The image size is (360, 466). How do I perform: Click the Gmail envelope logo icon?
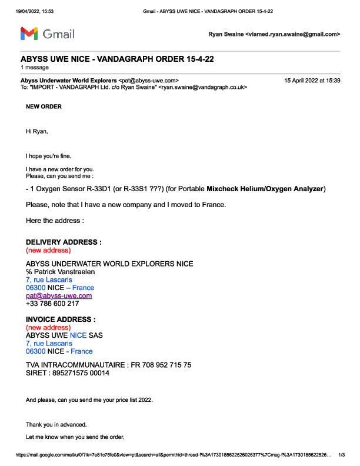[x=29, y=34]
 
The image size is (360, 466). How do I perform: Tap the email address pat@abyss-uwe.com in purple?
[x=59, y=296]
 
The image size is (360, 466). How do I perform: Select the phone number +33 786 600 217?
[x=52, y=304]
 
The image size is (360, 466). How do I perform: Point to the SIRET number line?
[x=68, y=373]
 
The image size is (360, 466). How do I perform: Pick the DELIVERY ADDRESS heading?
[x=64, y=242]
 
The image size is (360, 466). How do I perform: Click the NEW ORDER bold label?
[x=44, y=106]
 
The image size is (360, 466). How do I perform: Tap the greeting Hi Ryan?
[x=36, y=131]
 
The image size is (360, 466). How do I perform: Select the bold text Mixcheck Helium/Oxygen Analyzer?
[x=265, y=189]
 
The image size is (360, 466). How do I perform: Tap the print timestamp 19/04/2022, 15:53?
[x=26, y=11]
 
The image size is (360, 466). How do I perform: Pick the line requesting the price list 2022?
[x=89, y=400]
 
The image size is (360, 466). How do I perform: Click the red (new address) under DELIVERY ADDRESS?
[x=49, y=249]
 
